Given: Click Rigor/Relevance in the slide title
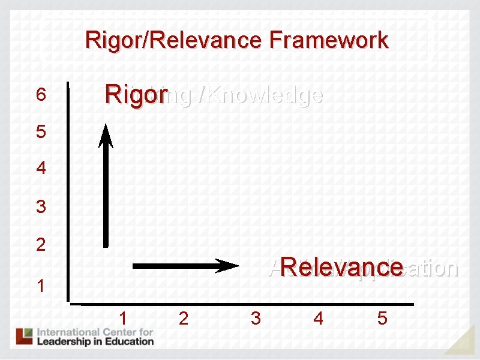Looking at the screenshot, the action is (x=175, y=41).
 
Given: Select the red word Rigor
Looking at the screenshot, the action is (x=135, y=95).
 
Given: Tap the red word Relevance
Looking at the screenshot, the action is (x=341, y=267).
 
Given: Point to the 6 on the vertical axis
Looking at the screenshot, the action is (x=40, y=95).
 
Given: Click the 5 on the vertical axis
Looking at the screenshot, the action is (x=40, y=131).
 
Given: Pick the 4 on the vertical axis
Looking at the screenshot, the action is (x=40, y=168).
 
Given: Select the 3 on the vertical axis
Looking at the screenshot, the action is (x=40, y=207).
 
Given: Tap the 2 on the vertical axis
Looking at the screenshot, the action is (x=40, y=245).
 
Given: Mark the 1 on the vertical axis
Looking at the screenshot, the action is (x=40, y=285).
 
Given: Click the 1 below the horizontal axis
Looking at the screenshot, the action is (x=123, y=318).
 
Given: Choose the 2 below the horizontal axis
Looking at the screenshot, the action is (x=184, y=318).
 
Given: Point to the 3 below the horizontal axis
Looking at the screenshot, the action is (x=256, y=318).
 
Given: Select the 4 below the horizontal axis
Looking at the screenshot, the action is (x=318, y=318).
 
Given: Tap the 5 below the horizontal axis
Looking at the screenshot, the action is (x=382, y=318).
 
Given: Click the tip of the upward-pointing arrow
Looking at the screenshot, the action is (x=106, y=126).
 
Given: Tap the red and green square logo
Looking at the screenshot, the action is (x=25, y=336).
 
